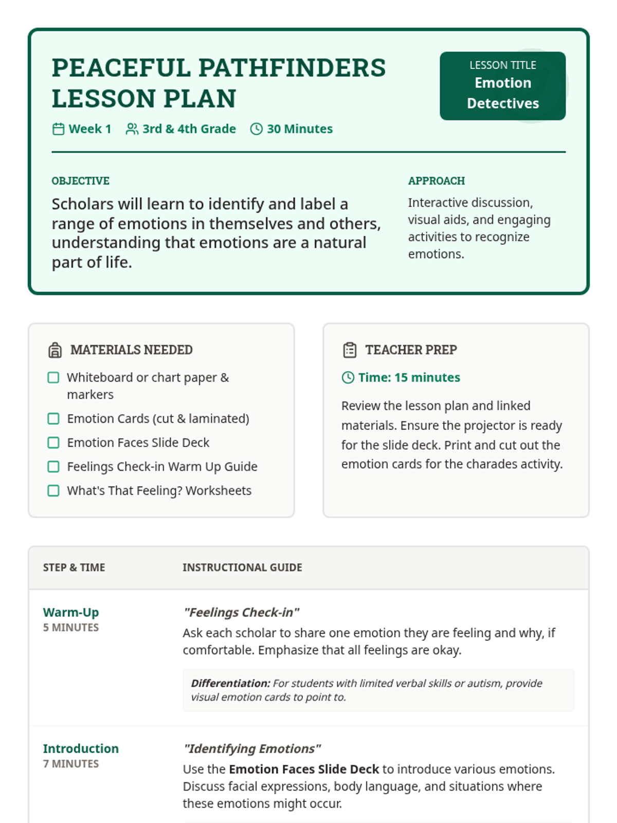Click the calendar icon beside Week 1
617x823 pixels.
coord(58,129)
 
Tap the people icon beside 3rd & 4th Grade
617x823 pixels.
coord(132,129)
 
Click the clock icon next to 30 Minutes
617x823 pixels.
coord(256,129)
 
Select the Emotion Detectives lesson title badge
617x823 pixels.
coord(502,86)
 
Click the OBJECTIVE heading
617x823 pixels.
coord(80,181)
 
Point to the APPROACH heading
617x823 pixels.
coord(436,181)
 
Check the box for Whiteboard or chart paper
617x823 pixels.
coord(53,378)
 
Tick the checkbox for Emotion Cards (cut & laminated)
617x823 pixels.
coord(53,419)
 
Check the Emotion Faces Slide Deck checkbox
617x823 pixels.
coord(53,443)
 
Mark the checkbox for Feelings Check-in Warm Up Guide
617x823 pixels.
coord(53,467)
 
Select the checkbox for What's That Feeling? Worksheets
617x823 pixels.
coord(53,491)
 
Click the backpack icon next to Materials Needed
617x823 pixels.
coord(55,350)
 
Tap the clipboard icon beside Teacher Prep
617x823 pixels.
coord(350,350)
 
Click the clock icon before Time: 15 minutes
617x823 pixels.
coord(348,378)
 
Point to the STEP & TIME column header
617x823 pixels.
coord(74,567)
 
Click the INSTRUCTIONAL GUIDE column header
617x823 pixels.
coord(242,567)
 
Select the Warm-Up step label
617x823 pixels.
coord(71,612)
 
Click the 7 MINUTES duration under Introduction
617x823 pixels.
coord(71,764)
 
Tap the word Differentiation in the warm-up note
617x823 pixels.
coord(230,684)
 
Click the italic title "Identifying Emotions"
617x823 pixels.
coord(252,748)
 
